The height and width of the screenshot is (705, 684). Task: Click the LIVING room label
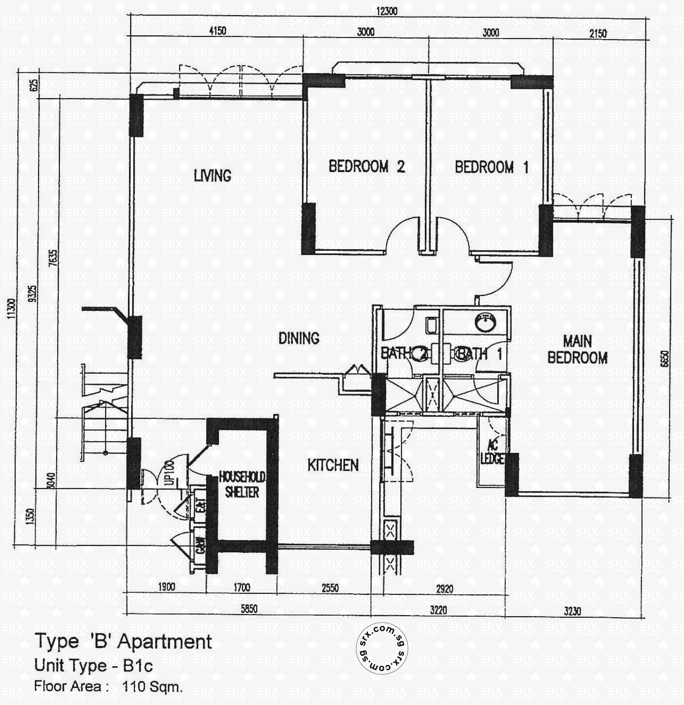click(212, 176)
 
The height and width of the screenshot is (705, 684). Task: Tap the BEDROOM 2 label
click(366, 166)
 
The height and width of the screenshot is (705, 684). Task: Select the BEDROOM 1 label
click(491, 168)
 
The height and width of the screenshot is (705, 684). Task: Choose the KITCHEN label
click(333, 465)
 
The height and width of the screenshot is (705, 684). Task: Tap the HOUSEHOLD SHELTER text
click(242, 485)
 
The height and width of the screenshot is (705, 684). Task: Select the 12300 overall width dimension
click(387, 11)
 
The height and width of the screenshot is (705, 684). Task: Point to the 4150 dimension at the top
click(218, 31)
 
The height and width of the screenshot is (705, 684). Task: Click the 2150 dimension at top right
click(598, 34)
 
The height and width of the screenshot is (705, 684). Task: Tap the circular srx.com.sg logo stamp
click(382, 649)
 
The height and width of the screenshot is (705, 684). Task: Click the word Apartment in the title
click(165, 642)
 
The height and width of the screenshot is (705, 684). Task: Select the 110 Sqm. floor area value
click(152, 687)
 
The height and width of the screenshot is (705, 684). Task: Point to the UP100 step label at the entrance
click(169, 472)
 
